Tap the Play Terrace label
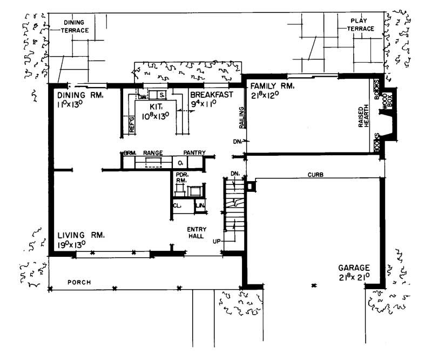pos(359,24)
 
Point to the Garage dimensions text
pos(354,277)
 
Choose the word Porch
pos(78,282)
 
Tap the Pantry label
pos(194,153)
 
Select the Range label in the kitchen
pos(153,153)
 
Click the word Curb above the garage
pos(315,175)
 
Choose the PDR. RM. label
pos(181,177)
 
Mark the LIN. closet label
pos(199,206)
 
